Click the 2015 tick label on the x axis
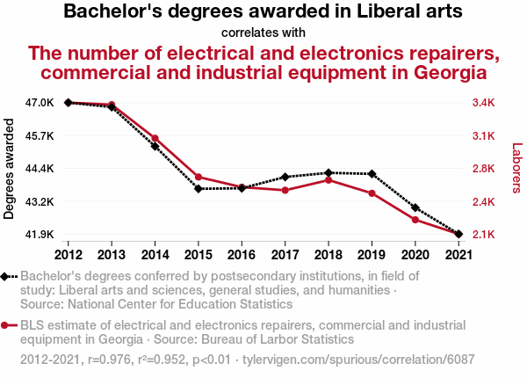coord(199,255)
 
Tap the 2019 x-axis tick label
coord(372,255)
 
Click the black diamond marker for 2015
coord(199,189)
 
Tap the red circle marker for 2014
coord(155,138)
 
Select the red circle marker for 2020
coord(415,220)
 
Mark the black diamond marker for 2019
coord(372,174)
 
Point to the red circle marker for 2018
coord(328,180)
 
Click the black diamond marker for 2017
coord(285,178)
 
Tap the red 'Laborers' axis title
coord(516,169)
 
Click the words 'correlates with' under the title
coord(263,33)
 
